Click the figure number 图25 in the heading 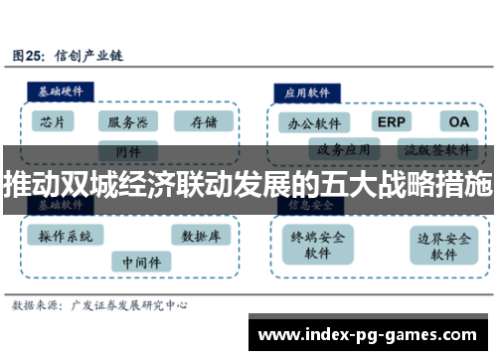[x=29, y=56]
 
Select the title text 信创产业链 [x=89, y=56]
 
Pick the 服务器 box [x=128, y=121]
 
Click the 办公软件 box [x=314, y=123]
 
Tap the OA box [x=457, y=121]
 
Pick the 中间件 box [x=141, y=261]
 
